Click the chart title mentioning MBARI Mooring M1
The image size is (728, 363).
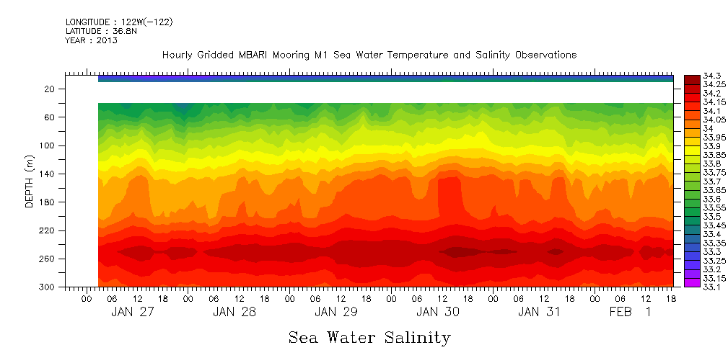369,55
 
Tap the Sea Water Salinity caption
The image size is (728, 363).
369,338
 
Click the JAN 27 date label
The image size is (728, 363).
132,312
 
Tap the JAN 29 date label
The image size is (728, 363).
336,312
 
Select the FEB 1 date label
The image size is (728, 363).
630,312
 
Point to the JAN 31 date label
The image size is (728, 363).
539,312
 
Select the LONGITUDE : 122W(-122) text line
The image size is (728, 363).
119,22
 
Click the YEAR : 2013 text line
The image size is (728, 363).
92,40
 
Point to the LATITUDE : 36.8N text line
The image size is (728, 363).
101,31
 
